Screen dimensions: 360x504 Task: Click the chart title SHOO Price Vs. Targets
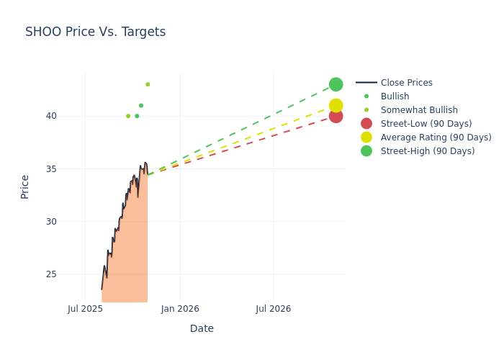pos(95,32)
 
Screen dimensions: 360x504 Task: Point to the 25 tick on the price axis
pos(50,274)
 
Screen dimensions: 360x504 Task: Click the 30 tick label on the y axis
pos(50,222)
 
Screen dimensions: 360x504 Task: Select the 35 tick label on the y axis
pos(50,169)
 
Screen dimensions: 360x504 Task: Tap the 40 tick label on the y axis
pos(50,116)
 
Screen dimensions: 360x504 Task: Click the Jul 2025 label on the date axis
pos(85,309)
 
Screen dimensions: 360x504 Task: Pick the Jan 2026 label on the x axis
pos(180,309)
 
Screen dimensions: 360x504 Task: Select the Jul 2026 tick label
pos(274,309)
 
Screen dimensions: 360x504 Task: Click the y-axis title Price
pos(25,186)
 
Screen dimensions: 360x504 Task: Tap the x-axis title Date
pos(202,328)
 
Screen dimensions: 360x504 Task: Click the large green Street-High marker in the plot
pos(336,84)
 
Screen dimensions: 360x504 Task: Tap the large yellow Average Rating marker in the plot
pos(336,106)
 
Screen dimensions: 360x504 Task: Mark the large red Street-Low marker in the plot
pos(336,116)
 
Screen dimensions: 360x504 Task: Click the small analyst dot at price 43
pos(148,84)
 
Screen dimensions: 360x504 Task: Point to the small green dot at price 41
pos(141,106)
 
